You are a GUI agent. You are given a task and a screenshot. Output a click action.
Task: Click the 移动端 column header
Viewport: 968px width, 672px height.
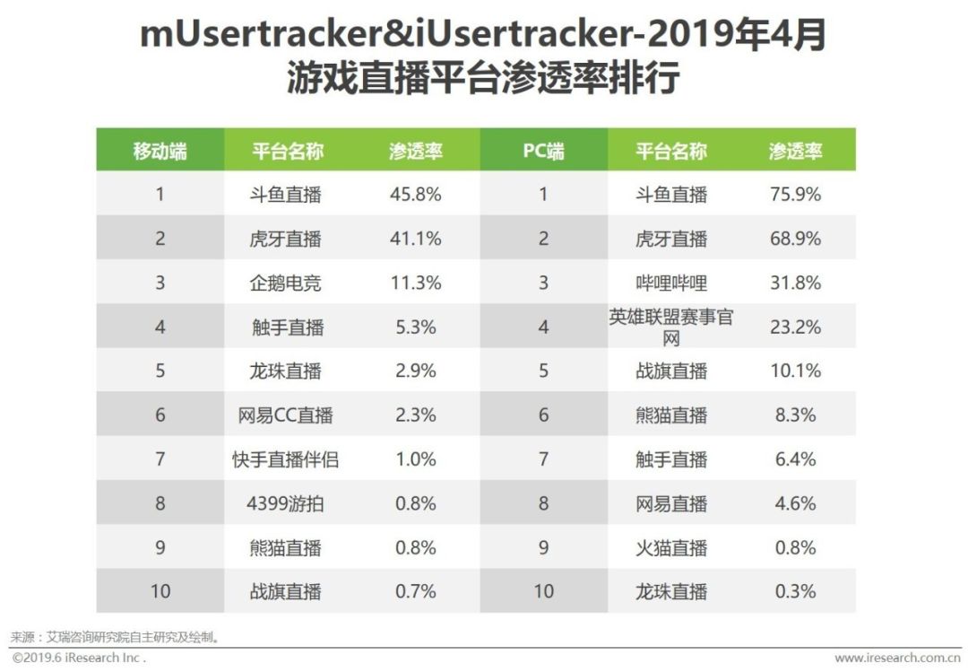coord(160,151)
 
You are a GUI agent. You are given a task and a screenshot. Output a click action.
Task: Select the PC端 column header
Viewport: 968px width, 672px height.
coord(543,151)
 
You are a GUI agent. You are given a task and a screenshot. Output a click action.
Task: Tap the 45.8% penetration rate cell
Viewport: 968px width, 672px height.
coord(416,194)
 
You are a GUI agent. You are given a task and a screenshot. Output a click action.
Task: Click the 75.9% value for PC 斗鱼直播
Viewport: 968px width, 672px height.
coord(795,194)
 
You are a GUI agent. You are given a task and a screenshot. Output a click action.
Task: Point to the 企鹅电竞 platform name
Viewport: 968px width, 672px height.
coord(285,284)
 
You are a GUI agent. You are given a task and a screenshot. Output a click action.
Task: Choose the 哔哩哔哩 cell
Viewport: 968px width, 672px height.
coord(671,284)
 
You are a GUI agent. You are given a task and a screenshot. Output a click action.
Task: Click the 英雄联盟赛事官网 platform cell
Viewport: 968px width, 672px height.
coord(671,327)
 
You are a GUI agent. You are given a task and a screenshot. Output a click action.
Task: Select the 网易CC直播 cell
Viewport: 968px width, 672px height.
coord(285,415)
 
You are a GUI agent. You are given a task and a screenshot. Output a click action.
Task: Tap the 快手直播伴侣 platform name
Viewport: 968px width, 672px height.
coord(285,459)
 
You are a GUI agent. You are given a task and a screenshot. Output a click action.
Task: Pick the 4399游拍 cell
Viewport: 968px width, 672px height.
coord(285,503)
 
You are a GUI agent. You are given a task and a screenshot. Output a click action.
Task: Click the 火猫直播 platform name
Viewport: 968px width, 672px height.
coord(671,547)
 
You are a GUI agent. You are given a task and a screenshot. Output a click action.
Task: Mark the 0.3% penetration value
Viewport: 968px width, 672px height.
coord(795,591)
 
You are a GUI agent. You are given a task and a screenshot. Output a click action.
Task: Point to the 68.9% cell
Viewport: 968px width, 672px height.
coord(795,239)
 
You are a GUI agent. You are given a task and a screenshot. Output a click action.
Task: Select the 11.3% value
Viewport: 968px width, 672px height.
coord(416,284)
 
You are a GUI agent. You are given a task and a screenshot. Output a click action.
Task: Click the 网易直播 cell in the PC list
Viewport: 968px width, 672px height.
coord(671,503)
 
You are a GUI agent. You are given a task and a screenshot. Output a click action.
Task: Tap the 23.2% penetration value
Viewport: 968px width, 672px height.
coord(795,327)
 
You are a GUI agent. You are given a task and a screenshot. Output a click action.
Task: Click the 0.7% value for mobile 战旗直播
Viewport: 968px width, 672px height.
coord(416,591)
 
